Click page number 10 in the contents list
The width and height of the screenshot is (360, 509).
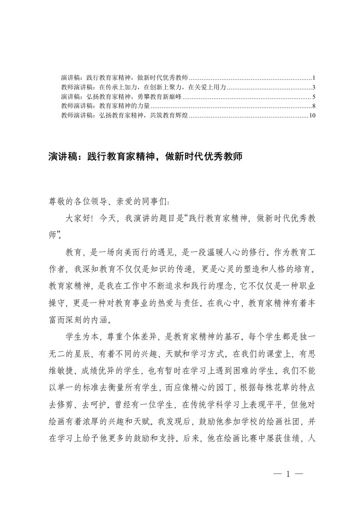point(311,116)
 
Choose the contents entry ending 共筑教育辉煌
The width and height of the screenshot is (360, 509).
point(124,116)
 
